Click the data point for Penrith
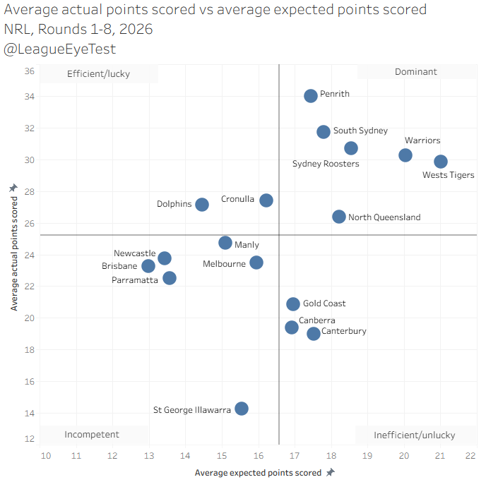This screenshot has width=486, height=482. [x=311, y=96]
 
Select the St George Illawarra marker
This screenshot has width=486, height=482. [x=242, y=409]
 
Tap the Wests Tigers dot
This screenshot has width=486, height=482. [x=441, y=162]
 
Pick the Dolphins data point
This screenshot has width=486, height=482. [x=202, y=205]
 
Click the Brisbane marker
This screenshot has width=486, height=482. [x=148, y=266]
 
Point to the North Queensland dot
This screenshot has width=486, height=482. [x=339, y=217]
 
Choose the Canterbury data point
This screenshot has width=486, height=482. [x=314, y=334]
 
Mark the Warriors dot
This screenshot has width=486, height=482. [x=405, y=155]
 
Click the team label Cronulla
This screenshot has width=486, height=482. [x=237, y=200]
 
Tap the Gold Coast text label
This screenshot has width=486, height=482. [x=324, y=304]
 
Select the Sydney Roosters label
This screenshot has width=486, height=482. [x=326, y=164]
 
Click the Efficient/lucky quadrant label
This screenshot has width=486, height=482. [x=98, y=73]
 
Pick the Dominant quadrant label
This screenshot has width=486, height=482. [x=416, y=72]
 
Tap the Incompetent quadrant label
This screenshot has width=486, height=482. [x=92, y=435]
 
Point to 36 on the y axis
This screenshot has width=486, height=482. [x=29, y=71]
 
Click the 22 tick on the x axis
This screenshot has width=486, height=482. [x=470, y=456]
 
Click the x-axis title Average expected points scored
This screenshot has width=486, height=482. [x=258, y=473]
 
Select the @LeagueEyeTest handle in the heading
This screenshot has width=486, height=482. [x=60, y=49]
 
